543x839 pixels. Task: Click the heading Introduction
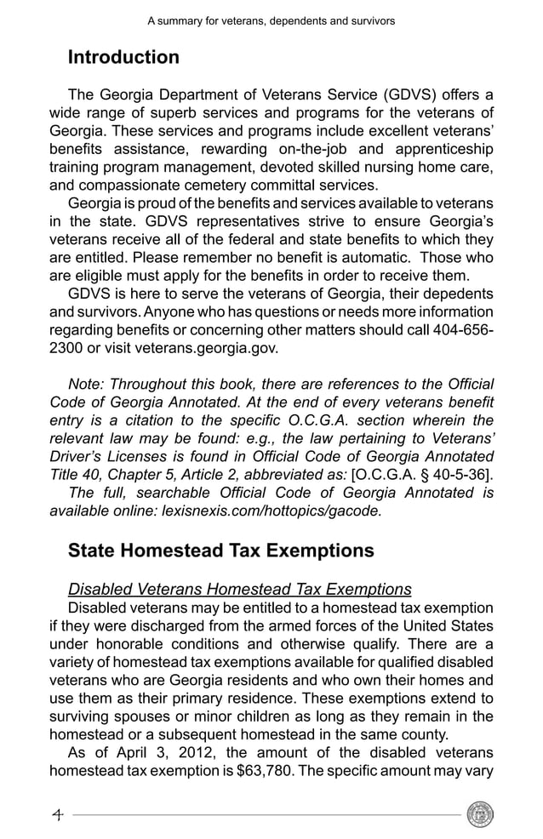123,58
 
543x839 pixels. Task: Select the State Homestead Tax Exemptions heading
220,551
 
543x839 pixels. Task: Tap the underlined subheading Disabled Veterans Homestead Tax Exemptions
239,589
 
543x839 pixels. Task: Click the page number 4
57,814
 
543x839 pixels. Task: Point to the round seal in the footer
480,814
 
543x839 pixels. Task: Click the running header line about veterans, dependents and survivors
271,20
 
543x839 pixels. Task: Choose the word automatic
358,258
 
